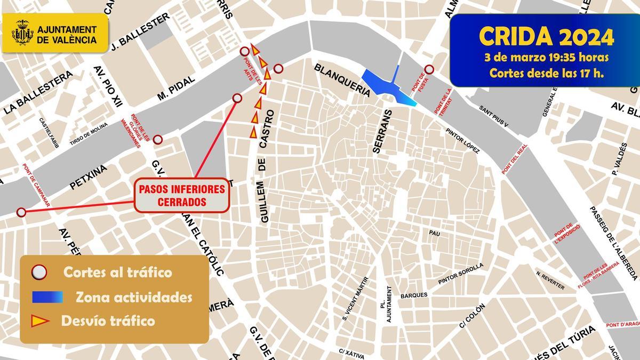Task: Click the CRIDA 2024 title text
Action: point(546,36)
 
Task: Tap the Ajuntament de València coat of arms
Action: point(22,33)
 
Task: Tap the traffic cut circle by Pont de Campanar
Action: point(21,212)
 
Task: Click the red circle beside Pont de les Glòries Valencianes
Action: point(157,140)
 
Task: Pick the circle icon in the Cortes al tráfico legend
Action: point(39,273)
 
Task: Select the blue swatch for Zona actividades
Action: point(47,297)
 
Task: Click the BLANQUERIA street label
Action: point(342,80)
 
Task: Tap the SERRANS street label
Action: point(382,132)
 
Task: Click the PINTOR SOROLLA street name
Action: point(460,273)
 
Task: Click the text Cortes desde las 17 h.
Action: point(546,73)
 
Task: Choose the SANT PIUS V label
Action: point(493,116)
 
